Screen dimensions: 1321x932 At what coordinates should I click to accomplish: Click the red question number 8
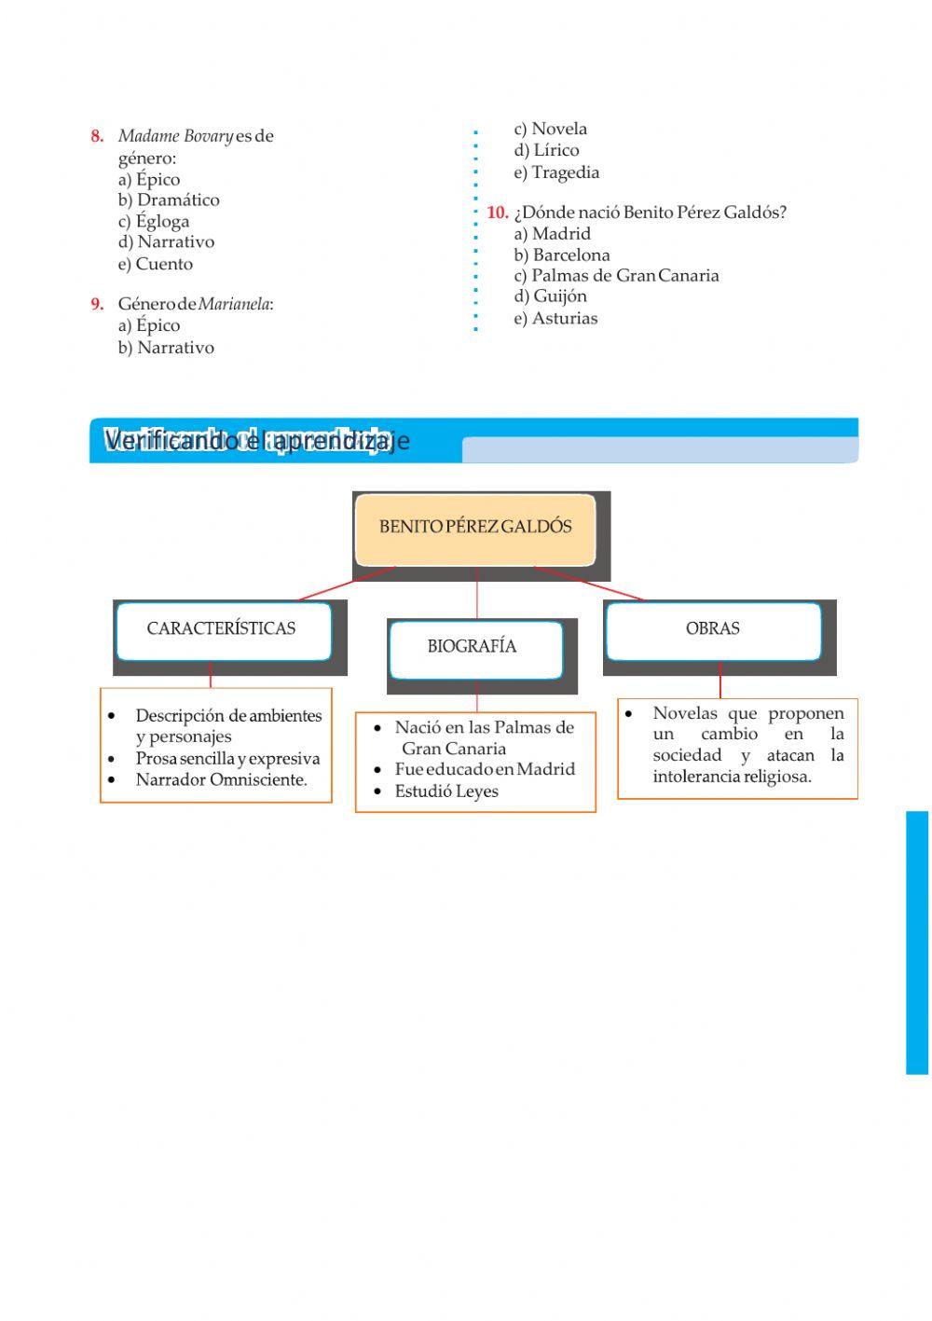(97, 136)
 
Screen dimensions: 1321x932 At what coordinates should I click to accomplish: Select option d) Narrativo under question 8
(166, 242)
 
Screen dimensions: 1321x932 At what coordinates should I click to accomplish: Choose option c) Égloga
(154, 221)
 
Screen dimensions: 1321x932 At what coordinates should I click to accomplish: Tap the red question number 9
(97, 304)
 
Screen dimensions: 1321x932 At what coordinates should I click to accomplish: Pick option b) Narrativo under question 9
(166, 348)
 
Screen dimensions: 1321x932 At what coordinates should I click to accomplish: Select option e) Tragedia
(556, 172)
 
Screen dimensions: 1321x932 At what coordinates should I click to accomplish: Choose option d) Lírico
(546, 150)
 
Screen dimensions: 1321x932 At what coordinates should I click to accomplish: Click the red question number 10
(497, 213)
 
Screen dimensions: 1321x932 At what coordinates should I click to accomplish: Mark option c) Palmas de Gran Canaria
(616, 276)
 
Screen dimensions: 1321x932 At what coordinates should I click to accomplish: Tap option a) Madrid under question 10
(552, 234)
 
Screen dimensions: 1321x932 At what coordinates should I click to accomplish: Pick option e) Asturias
(555, 319)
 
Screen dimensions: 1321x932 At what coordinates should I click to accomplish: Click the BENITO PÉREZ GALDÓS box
(475, 528)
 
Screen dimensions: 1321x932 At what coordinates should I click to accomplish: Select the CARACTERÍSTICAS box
(222, 629)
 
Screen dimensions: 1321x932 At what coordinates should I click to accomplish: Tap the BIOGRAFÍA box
(473, 647)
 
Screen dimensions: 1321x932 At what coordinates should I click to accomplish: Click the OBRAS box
(713, 629)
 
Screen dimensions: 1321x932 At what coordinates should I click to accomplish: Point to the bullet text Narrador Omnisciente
(221, 780)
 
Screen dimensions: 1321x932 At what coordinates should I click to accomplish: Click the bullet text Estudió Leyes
(446, 791)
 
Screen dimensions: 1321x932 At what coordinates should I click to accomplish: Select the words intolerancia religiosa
(732, 777)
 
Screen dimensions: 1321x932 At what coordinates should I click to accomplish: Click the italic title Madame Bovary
(175, 136)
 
